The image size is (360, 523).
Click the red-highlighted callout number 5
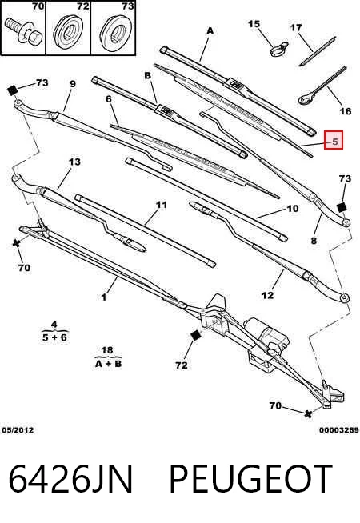pos(334,142)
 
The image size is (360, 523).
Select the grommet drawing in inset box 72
pos(68,30)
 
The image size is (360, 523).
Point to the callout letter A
pos(210,30)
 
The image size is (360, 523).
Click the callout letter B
pos(148,76)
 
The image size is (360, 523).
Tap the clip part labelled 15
pos(278,49)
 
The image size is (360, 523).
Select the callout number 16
pos(346,110)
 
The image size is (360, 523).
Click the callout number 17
pos(296,27)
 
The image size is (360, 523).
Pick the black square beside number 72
pos(195,335)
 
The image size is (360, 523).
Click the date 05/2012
pos(18,430)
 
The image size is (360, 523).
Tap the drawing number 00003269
pos(338,430)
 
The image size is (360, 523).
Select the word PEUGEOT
pos(251,479)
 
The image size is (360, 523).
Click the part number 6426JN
pos(70,479)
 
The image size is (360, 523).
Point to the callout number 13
pos(74,162)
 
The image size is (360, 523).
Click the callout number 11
pos(162,205)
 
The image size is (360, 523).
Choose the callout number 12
pos(267,295)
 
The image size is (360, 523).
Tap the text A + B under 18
pos(108,364)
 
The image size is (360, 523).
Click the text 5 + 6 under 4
pos(54,337)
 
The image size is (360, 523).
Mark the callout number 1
pos(104,297)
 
